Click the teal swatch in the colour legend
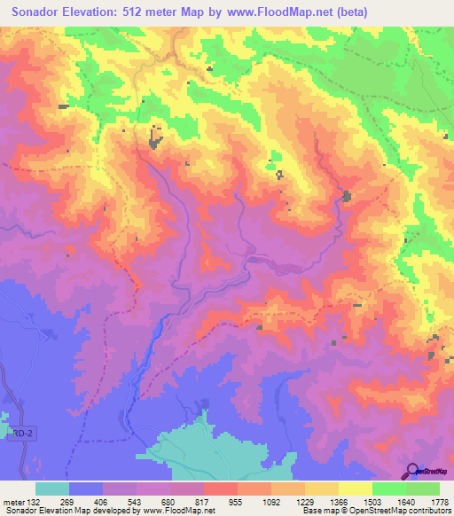(x=52, y=489)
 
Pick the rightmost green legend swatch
(x=423, y=489)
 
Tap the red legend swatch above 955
(x=221, y=489)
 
